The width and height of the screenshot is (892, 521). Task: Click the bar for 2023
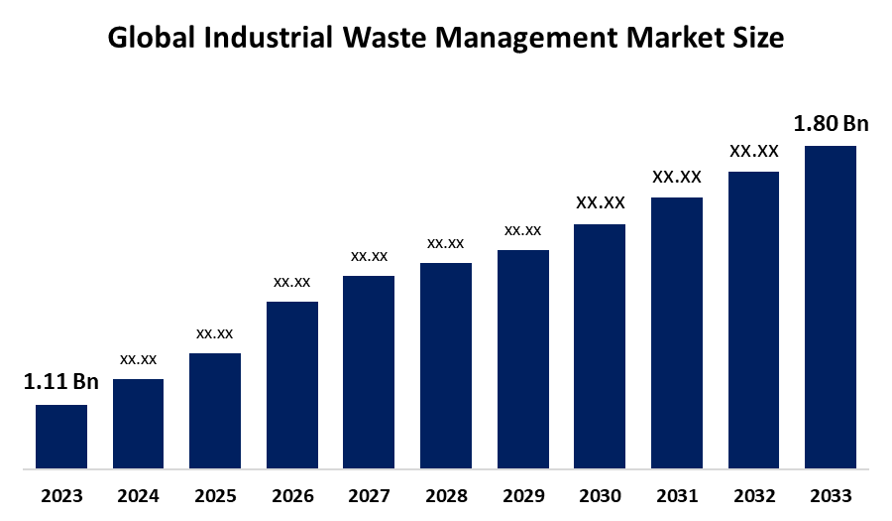tap(61, 436)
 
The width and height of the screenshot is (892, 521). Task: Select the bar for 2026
tap(292, 384)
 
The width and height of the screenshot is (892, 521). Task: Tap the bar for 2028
tap(446, 364)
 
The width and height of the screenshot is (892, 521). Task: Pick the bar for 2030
tap(600, 345)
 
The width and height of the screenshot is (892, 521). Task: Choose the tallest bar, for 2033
tap(830, 307)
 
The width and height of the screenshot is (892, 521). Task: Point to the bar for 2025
tap(215, 410)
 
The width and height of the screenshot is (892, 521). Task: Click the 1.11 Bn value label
tap(61, 383)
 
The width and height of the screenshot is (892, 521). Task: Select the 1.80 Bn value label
tap(831, 124)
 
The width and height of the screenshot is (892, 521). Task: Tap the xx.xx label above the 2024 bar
tap(139, 358)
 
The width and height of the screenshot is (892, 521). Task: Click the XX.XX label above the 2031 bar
tap(677, 177)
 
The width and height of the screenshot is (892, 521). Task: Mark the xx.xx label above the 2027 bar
tap(369, 256)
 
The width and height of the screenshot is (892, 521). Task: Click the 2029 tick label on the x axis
tap(522, 495)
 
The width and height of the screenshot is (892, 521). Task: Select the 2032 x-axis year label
tap(753, 495)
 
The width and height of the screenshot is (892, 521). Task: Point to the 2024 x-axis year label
tap(139, 495)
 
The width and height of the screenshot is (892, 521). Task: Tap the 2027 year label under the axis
tap(369, 495)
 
